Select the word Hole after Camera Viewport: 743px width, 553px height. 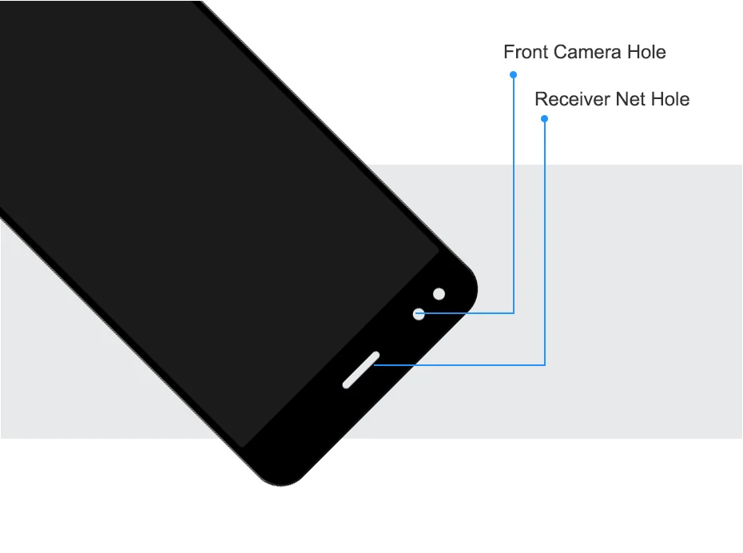point(646,53)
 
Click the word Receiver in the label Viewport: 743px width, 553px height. point(572,100)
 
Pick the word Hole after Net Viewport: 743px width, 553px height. point(670,100)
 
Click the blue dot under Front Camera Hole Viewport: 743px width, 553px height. point(513,74)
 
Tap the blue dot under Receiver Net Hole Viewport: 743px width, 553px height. point(545,119)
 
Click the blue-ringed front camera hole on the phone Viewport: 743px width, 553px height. point(419,314)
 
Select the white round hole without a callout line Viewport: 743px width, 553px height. point(439,294)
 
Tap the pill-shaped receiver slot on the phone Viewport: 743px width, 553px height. point(360,370)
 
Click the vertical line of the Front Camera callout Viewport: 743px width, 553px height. point(513,192)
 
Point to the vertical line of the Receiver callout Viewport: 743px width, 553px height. point(545,240)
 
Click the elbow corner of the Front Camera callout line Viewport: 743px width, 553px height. point(513,313)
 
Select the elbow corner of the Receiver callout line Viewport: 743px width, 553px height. point(545,365)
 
